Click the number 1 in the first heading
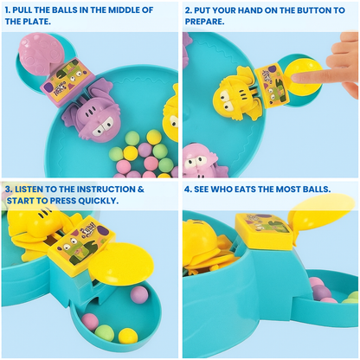point(7,10)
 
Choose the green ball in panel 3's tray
point(104,331)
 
